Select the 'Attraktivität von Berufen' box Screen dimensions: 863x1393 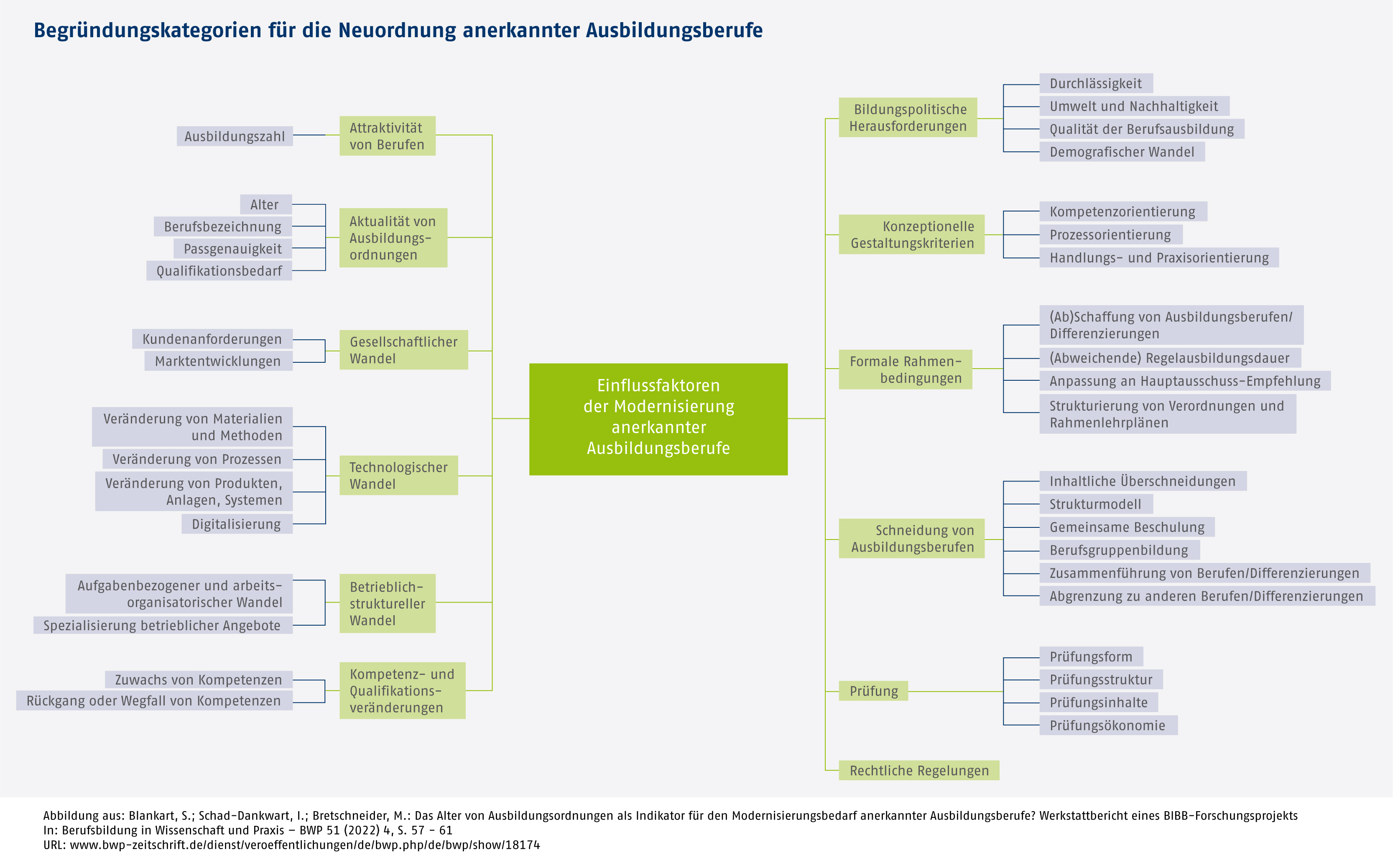click(387, 136)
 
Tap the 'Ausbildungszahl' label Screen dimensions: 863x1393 click(234, 136)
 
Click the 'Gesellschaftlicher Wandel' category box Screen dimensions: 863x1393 click(403, 350)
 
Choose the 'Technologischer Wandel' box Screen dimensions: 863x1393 click(398, 476)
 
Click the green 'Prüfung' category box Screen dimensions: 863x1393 click(873, 691)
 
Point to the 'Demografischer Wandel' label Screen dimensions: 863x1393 click(1121, 152)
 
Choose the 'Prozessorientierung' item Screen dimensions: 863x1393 click(1110, 234)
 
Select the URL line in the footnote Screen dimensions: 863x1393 click(291, 845)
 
